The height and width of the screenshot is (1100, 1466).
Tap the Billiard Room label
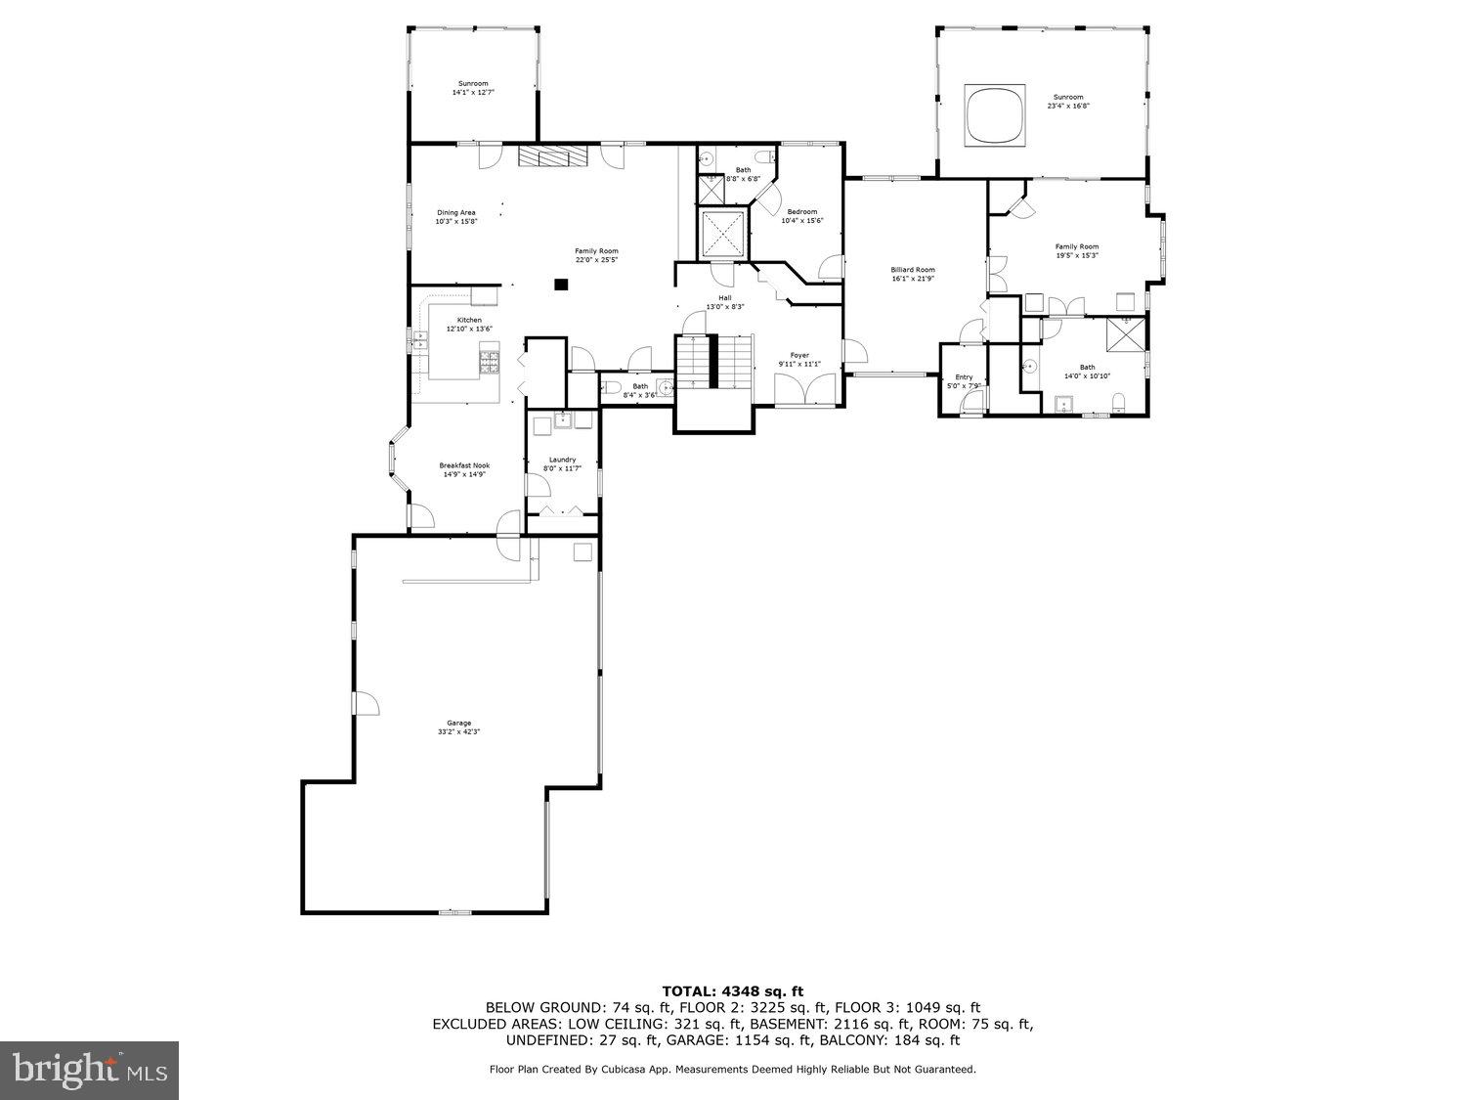click(x=913, y=270)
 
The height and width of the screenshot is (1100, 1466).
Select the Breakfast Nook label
click(x=464, y=465)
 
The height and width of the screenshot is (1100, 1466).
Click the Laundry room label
click(x=562, y=460)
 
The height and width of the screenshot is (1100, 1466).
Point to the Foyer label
click(x=799, y=355)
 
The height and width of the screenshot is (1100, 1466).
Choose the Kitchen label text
click(x=469, y=321)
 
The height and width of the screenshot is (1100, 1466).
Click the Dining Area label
click(x=456, y=213)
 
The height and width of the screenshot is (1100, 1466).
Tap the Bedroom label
click(x=802, y=212)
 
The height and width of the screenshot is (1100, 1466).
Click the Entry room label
click(x=964, y=376)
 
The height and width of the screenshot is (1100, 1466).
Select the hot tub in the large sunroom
click(x=994, y=114)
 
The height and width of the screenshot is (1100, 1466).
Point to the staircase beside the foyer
click(x=714, y=361)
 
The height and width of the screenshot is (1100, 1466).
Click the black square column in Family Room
click(x=561, y=285)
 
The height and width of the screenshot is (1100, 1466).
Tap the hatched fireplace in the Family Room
click(x=553, y=156)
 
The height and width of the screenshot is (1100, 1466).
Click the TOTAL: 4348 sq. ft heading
click(x=732, y=991)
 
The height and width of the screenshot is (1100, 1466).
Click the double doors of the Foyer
click(x=805, y=390)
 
